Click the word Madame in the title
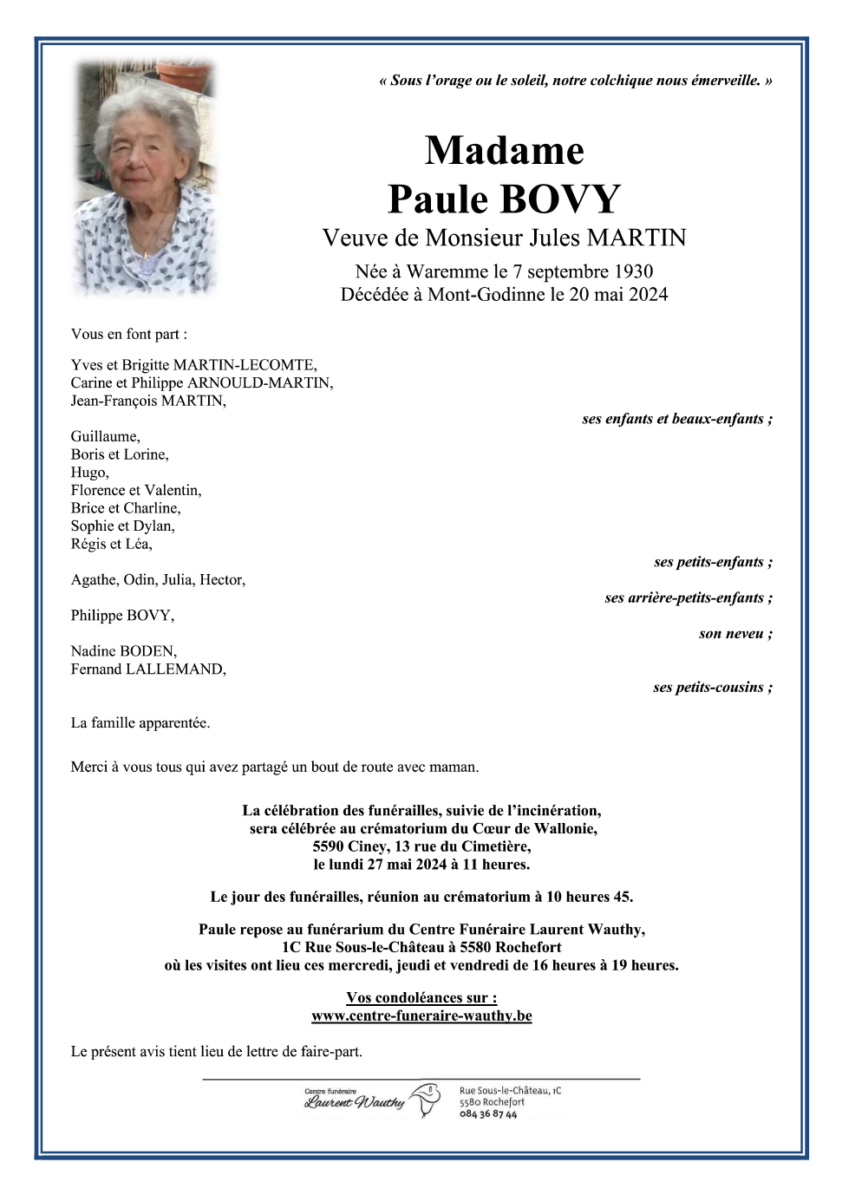(504, 151)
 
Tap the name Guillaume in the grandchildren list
(104, 436)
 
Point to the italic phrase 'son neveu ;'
(735, 634)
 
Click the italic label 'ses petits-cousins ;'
(712, 688)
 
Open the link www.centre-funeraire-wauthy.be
(421, 1015)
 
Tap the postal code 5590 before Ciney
(329, 846)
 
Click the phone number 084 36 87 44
(488, 1114)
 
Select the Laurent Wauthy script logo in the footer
(355, 1102)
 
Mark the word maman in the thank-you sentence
(455, 767)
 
